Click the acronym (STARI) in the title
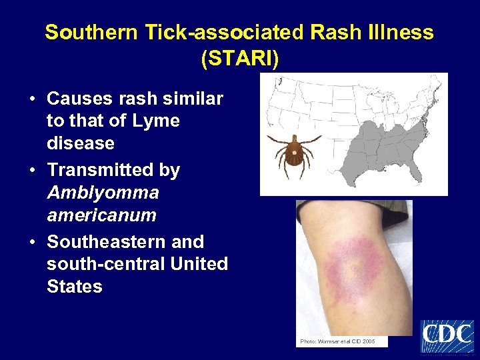[x=239, y=58]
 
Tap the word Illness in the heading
[x=399, y=32]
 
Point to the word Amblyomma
[x=103, y=193]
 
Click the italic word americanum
[x=101, y=215]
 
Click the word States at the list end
[x=75, y=287]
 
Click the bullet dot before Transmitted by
[x=33, y=171]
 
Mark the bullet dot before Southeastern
[x=33, y=243]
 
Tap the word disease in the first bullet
[x=80, y=143]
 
